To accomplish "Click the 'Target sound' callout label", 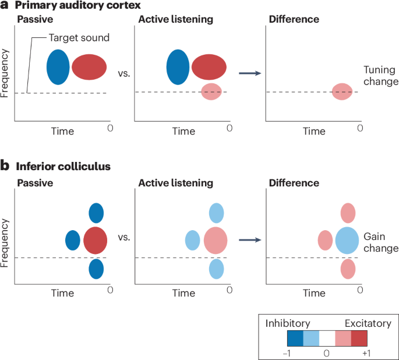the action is (79, 38).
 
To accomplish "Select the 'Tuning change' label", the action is (381, 76).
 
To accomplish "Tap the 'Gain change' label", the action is (381, 242).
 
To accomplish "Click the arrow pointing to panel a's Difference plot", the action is (250, 73).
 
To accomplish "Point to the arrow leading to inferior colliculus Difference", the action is (250, 240).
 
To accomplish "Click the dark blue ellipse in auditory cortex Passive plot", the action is (58, 67).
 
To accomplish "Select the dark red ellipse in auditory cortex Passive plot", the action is (89, 67).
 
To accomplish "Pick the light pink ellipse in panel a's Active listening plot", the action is (211, 91).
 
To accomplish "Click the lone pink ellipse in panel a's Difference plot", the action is (342, 91).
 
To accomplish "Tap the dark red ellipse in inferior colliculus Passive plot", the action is (95, 241).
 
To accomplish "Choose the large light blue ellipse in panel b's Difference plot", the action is (347, 241).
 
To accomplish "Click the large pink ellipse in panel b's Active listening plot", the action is (216, 241).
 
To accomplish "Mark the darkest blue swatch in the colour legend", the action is (295, 338).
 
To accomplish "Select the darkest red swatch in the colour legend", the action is (359, 338).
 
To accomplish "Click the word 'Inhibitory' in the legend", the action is (288, 323).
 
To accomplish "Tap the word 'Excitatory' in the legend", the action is (368, 323).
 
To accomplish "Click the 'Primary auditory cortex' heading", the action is (77, 5).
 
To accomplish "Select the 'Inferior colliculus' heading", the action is (63, 167).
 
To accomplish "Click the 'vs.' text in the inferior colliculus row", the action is (124, 238).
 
